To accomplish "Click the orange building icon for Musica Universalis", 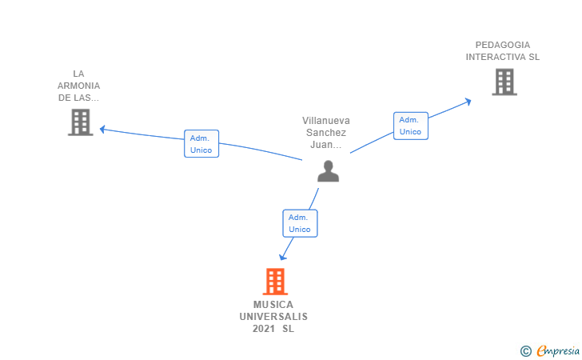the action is (x=275, y=282).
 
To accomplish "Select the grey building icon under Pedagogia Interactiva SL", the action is (x=504, y=82).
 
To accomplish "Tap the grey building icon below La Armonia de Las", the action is (x=81, y=122).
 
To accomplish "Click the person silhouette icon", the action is (x=328, y=171).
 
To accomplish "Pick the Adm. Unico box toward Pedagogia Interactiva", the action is (x=411, y=126).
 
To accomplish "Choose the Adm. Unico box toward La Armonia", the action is (x=201, y=144).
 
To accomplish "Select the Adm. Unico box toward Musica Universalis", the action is (x=300, y=223).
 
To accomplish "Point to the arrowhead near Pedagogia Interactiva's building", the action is (x=468, y=102).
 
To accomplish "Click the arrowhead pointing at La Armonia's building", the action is (x=102, y=130).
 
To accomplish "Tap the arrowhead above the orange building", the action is (x=282, y=257).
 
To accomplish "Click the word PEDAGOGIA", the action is (x=503, y=45).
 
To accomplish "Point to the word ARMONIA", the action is (x=78, y=86).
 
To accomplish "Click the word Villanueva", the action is (x=326, y=121).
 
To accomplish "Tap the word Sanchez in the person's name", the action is (x=326, y=133).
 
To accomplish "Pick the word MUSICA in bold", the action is (x=273, y=305).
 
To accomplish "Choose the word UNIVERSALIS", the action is (x=273, y=317).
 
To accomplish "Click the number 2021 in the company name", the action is (x=264, y=329).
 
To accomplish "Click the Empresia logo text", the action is (x=558, y=350).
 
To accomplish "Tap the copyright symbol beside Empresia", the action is (x=526, y=351).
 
